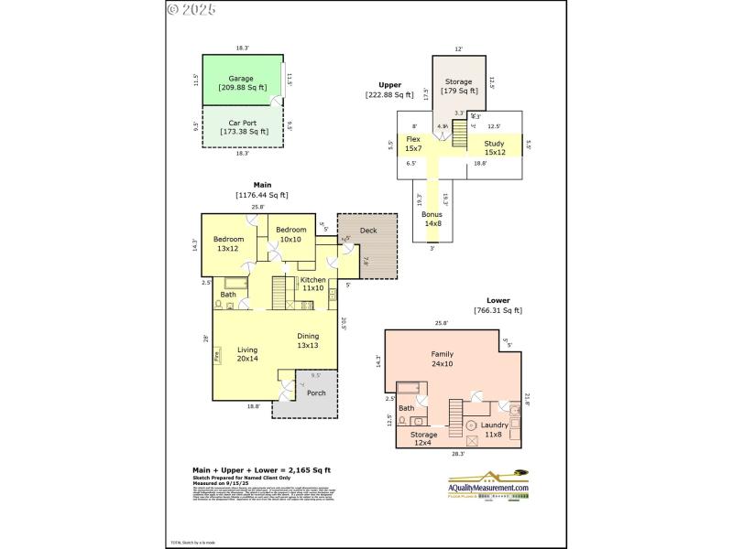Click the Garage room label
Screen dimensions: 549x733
tap(242, 83)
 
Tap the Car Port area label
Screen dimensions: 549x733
tap(242, 126)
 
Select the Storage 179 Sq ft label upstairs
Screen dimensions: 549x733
tap(459, 86)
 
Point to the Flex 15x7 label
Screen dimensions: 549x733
tap(413, 144)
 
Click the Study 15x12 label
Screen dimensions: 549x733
tap(495, 146)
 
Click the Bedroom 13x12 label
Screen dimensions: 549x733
tap(229, 243)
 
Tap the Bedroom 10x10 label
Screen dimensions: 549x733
tap(290, 234)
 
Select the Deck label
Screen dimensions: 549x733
tap(367, 231)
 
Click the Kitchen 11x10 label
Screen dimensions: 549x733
tap(312, 284)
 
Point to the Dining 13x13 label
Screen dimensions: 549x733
tap(307, 340)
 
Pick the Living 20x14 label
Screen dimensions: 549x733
tap(247, 354)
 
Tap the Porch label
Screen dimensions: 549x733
tap(316, 393)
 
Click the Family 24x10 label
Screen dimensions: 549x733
tap(443, 359)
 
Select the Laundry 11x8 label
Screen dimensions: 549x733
tap(492, 429)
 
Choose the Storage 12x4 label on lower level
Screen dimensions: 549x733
tap(424, 439)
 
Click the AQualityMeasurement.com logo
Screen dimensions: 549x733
tap(488, 486)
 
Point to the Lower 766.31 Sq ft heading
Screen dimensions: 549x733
tap(498, 306)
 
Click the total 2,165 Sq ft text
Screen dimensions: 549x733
tap(261, 469)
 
